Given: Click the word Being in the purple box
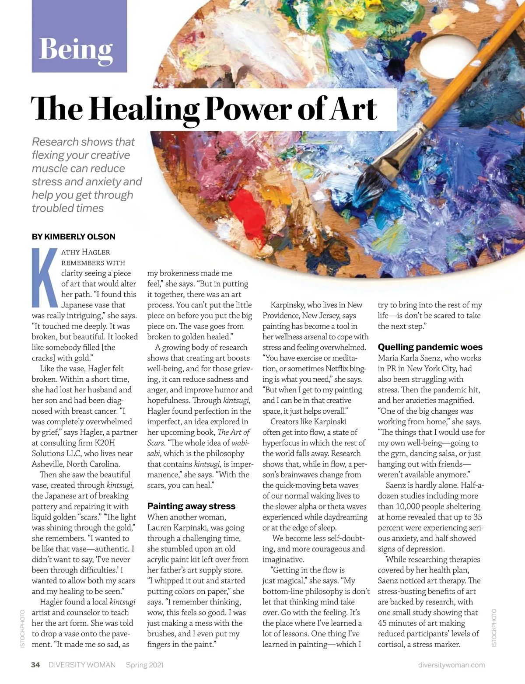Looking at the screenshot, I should pyautogui.click(x=76, y=49).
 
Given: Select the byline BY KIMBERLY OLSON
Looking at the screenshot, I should pyautogui.click(x=73, y=237).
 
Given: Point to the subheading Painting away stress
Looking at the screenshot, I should pyautogui.click(x=191, y=506).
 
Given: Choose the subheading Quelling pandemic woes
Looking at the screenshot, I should pyautogui.click(x=430, y=347).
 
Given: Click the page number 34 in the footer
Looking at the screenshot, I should pyautogui.click(x=35, y=665).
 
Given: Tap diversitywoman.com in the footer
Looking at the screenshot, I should pyautogui.click(x=451, y=665).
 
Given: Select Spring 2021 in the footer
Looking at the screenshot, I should pyautogui.click(x=145, y=665).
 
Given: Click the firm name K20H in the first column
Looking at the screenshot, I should pyautogui.click(x=105, y=443).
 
